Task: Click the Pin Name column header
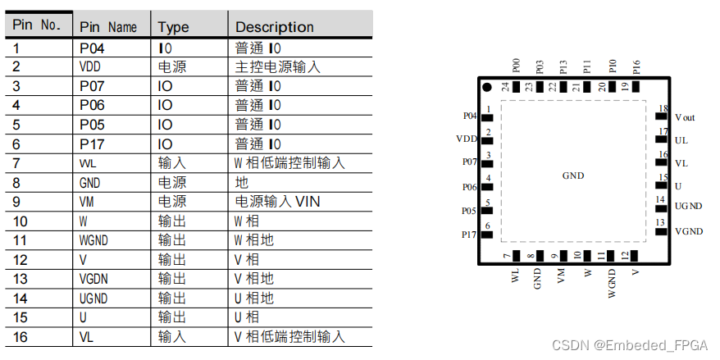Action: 108,27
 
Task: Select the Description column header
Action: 275,27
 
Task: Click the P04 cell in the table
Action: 92,48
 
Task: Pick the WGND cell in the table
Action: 96,240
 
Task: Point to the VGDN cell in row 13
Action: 96,279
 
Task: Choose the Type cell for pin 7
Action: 171,163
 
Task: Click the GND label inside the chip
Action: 573,175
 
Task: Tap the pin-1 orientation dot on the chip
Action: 487,87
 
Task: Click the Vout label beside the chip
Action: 685,118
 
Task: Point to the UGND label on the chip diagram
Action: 688,207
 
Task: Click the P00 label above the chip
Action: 516,66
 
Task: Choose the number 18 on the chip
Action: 663,108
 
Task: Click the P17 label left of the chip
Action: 468,234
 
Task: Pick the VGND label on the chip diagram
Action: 689,231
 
